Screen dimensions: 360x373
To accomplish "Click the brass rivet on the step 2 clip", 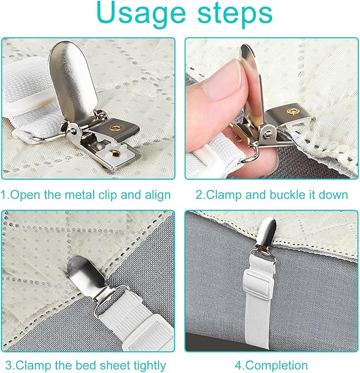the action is [x=293, y=110].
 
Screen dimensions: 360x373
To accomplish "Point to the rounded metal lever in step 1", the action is [x=73, y=80].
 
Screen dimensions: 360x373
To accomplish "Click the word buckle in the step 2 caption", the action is [x=287, y=195].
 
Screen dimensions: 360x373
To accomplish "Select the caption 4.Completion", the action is [x=271, y=366].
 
